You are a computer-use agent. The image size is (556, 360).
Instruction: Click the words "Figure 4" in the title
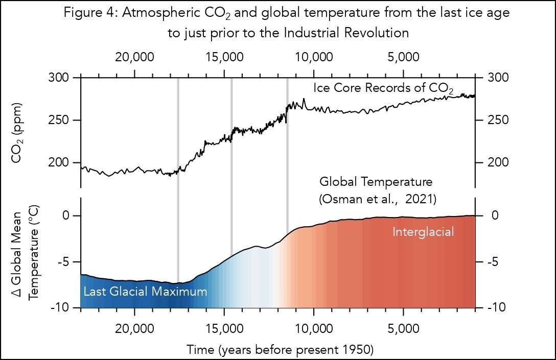85,14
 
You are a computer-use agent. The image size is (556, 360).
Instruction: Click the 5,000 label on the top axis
404,56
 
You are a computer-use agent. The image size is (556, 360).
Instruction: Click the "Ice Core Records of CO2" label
383,88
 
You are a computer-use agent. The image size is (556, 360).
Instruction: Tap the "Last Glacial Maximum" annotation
145,292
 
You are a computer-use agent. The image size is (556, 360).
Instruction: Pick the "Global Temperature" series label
376,182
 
